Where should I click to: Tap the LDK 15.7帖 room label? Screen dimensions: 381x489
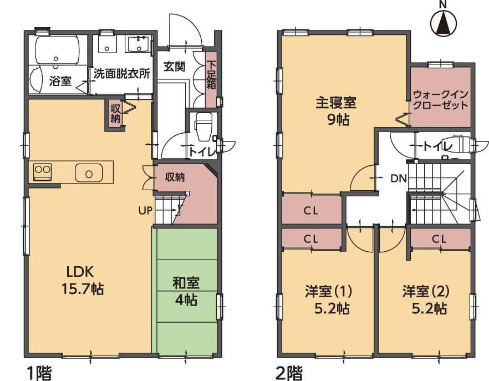[83, 280]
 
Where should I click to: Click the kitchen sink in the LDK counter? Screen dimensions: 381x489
[89, 173]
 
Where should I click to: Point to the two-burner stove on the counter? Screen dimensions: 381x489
[43, 172]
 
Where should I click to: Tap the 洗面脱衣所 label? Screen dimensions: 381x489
[121, 73]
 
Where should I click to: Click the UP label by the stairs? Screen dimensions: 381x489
[146, 210]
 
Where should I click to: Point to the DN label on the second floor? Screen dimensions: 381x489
[398, 178]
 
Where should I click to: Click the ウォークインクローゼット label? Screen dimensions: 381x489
[441, 100]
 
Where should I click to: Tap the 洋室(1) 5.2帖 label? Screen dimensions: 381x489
[328, 299]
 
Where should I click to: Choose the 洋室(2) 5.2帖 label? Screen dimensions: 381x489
[425, 299]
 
